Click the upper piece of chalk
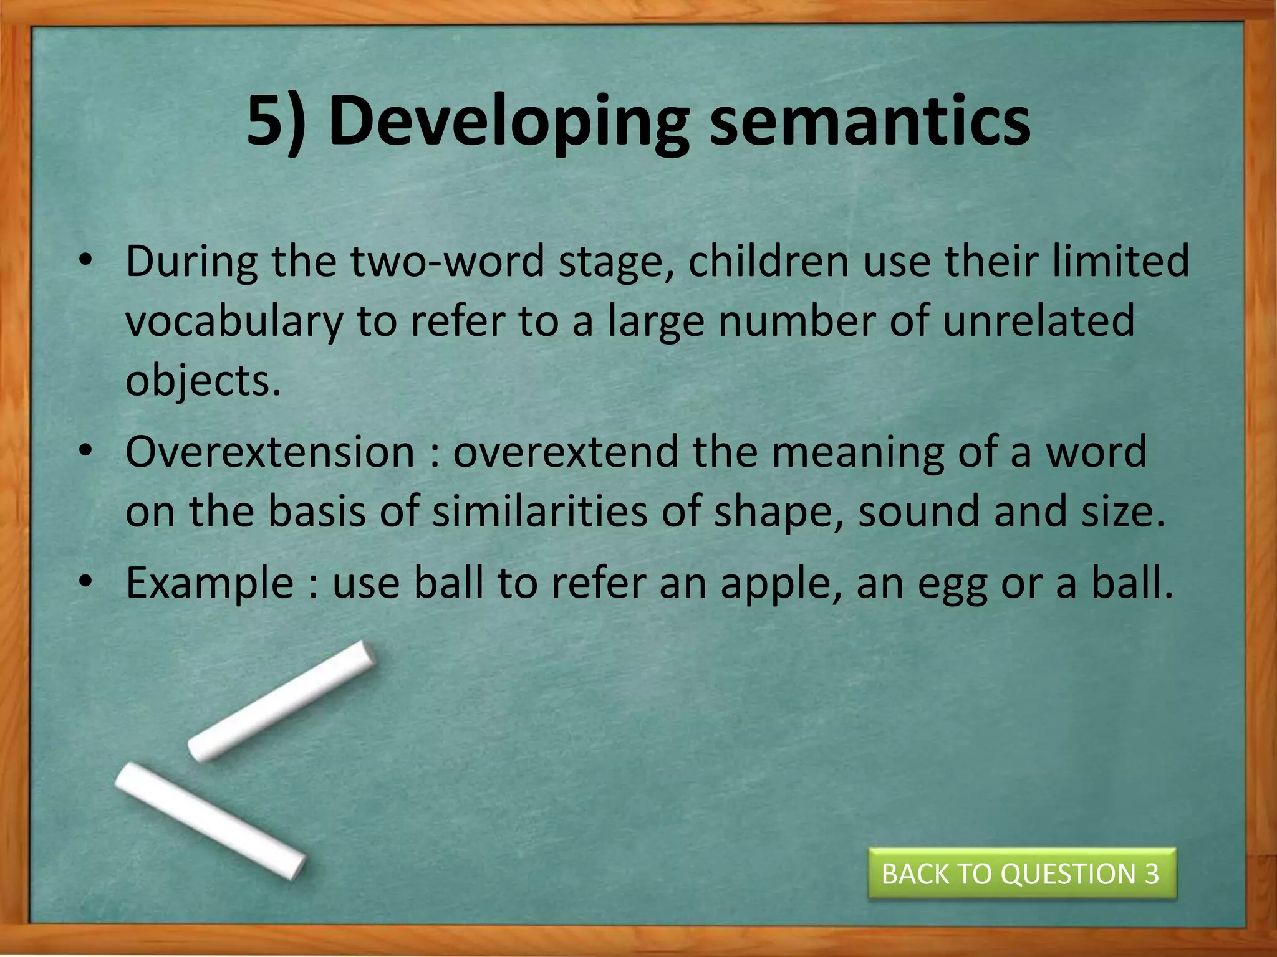coord(282,700)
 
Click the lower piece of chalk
coord(210,820)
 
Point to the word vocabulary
coord(234,322)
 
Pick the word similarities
coord(540,512)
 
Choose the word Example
coord(210,584)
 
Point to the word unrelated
coord(1038,322)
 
